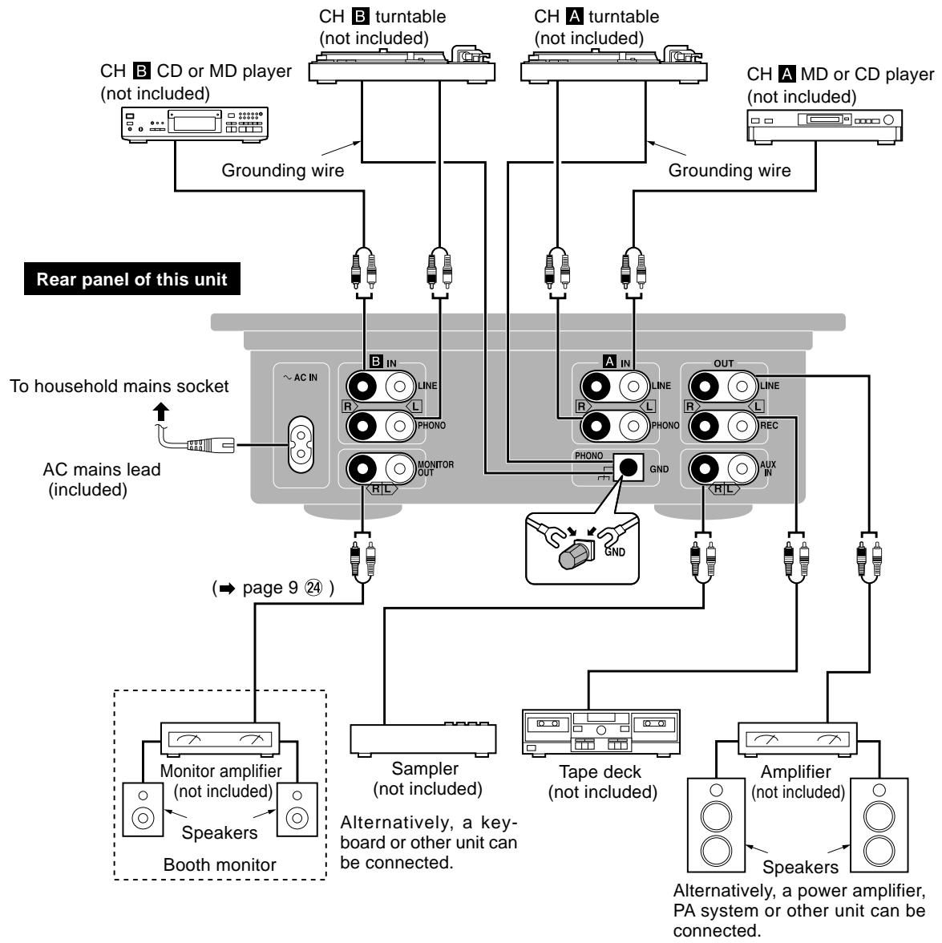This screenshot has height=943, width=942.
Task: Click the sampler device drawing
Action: pyautogui.click(x=423, y=736)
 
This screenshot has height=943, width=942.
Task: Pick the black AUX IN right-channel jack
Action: pyautogui.click(x=703, y=467)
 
